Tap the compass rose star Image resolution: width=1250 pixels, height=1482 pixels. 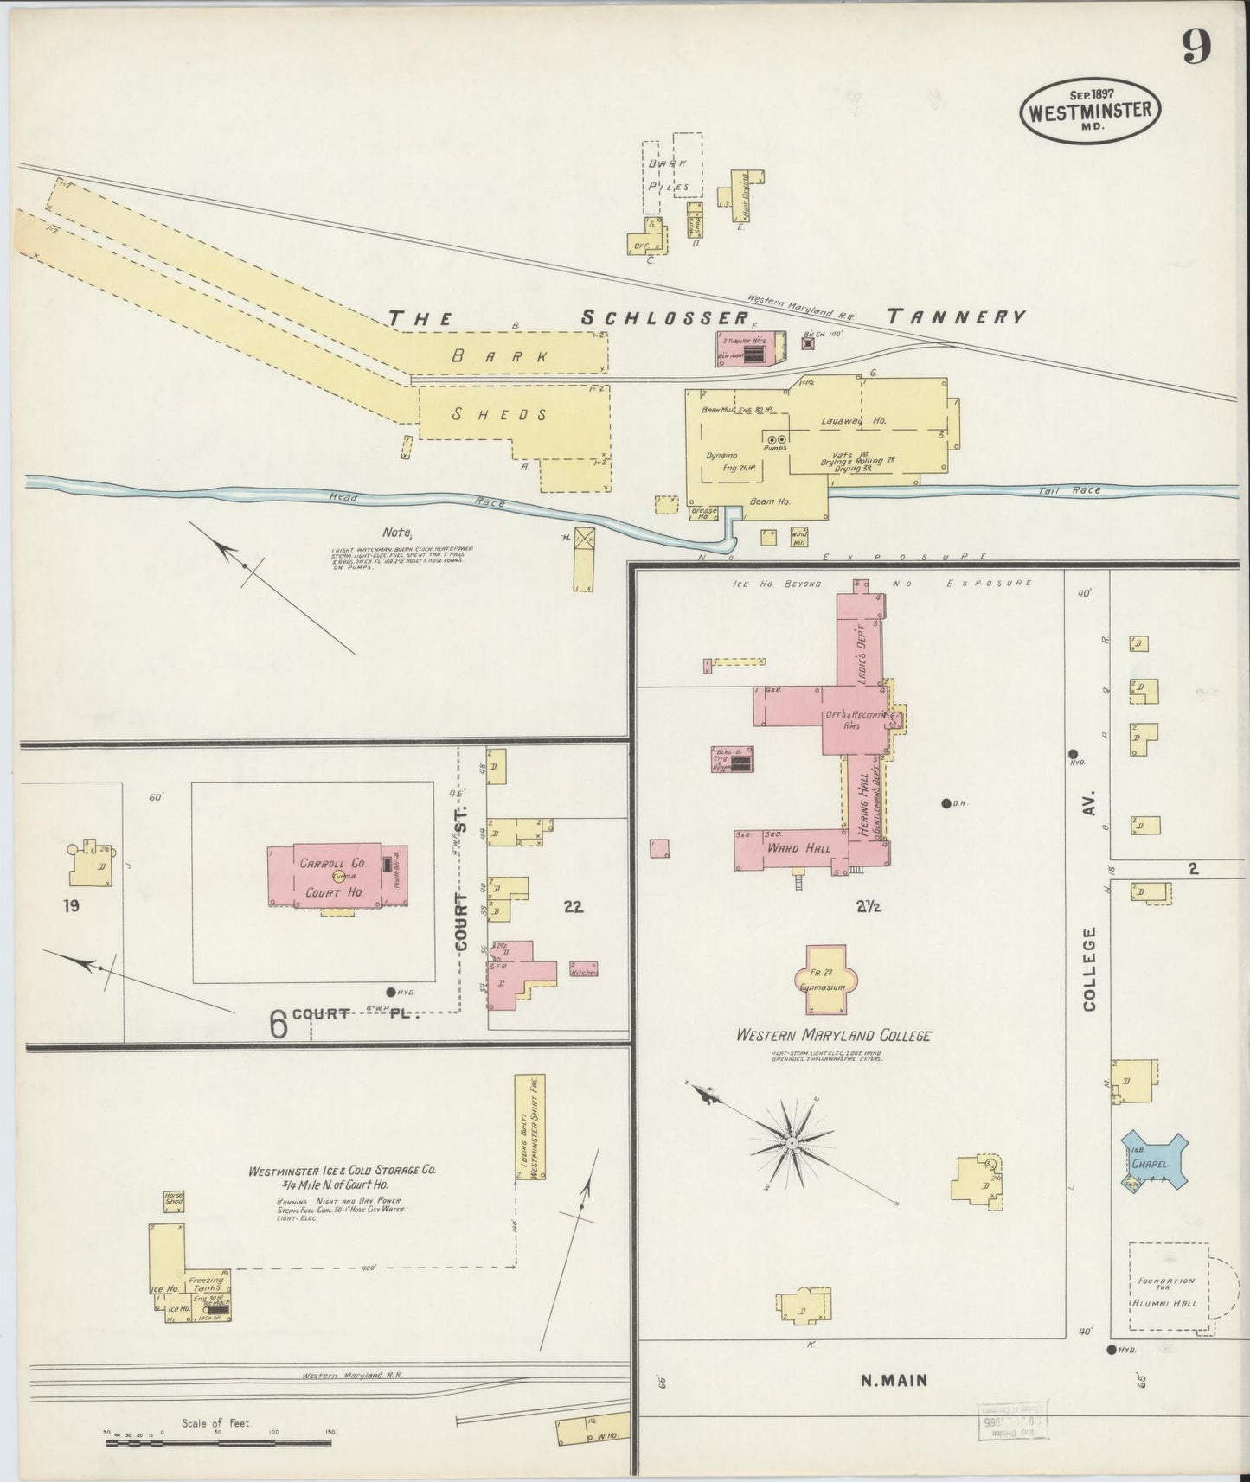pyautogui.click(x=792, y=1143)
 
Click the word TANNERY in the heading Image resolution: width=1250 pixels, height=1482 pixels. pyautogui.click(x=956, y=317)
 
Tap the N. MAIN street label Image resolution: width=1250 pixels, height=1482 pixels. pyautogui.click(x=894, y=1381)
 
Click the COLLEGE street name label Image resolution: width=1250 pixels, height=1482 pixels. pyautogui.click(x=1089, y=968)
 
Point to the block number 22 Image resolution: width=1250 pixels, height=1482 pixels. pyautogui.click(x=573, y=906)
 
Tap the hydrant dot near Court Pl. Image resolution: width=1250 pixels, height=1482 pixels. pyautogui.click(x=390, y=992)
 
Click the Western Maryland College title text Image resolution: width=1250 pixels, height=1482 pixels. pyautogui.click(x=832, y=1035)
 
